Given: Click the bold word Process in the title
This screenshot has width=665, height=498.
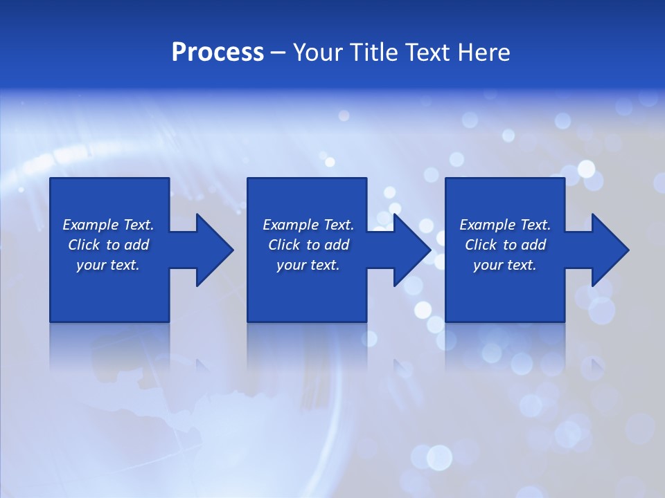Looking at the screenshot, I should [x=218, y=53].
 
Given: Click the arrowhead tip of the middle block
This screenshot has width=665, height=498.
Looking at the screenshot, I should [x=430, y=250].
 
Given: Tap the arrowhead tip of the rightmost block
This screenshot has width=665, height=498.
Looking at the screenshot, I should [x=628, y=250].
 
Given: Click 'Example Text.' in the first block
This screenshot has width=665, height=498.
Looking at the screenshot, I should [x=108, y=225].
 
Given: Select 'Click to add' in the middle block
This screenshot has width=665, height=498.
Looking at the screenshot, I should [x=308, y=245].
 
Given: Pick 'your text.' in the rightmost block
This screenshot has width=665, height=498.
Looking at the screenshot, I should [x=504, y=265].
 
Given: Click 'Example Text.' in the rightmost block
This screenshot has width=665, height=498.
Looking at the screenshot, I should [x=505, y=225].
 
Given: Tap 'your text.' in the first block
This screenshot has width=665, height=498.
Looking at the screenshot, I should [x=108, y=265].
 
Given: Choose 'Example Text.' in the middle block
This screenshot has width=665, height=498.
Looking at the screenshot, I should [x=308, y=225].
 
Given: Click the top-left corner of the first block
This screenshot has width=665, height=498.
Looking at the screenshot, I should [x=51, y=178].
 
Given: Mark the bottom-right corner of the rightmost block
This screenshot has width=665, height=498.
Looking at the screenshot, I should [x=564, y=321].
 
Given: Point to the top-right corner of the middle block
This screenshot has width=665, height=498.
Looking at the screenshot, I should [x=366, y=178].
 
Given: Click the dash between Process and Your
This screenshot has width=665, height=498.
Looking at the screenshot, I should [x=278, y=53].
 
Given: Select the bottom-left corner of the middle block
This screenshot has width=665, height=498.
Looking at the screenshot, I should [x=248, y=321].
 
